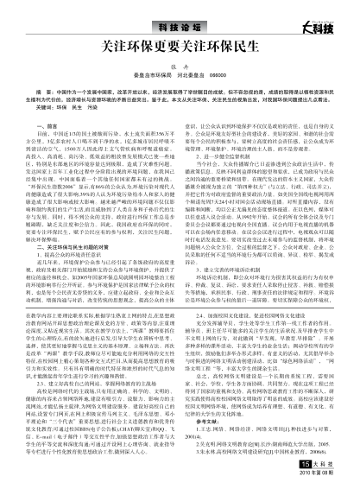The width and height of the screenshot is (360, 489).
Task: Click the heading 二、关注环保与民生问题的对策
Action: (81, 228)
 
